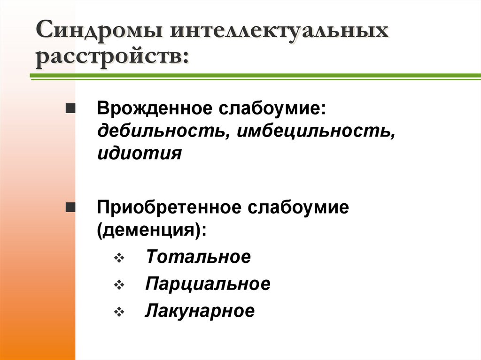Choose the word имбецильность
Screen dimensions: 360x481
tap(314, 131)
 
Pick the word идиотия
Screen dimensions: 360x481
tap(139, 153)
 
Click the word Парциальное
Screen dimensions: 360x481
tap(208, 284)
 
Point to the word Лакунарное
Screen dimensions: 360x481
tap(200, 311)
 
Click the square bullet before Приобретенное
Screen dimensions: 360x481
tap(70, 207)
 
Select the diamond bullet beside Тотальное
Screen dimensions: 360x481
tap(118, 258)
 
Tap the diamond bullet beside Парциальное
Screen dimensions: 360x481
tap(118, 285)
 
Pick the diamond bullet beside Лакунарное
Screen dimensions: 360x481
tap(118, 312)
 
